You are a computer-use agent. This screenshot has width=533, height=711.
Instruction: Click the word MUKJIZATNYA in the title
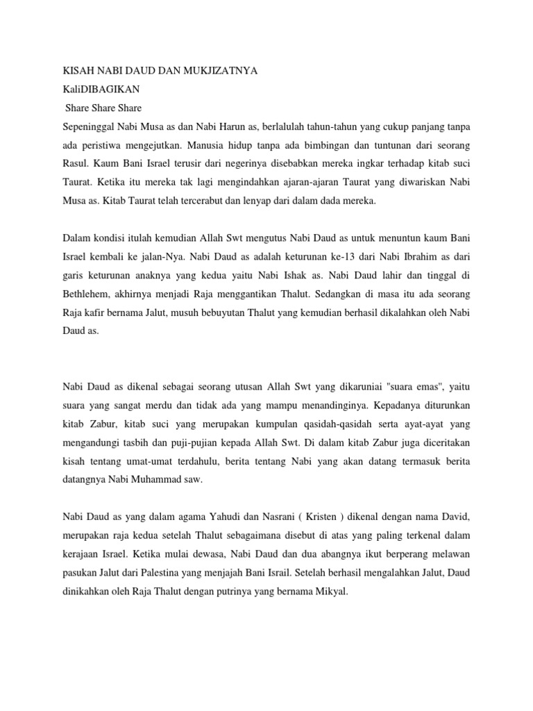[214, 71]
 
